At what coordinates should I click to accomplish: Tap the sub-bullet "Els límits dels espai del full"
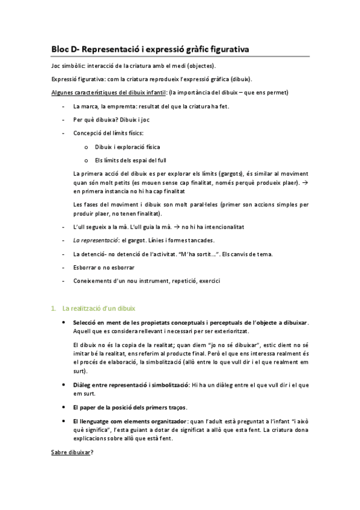coord(130,159)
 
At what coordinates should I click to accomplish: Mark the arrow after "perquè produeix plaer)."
coord(305,182)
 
